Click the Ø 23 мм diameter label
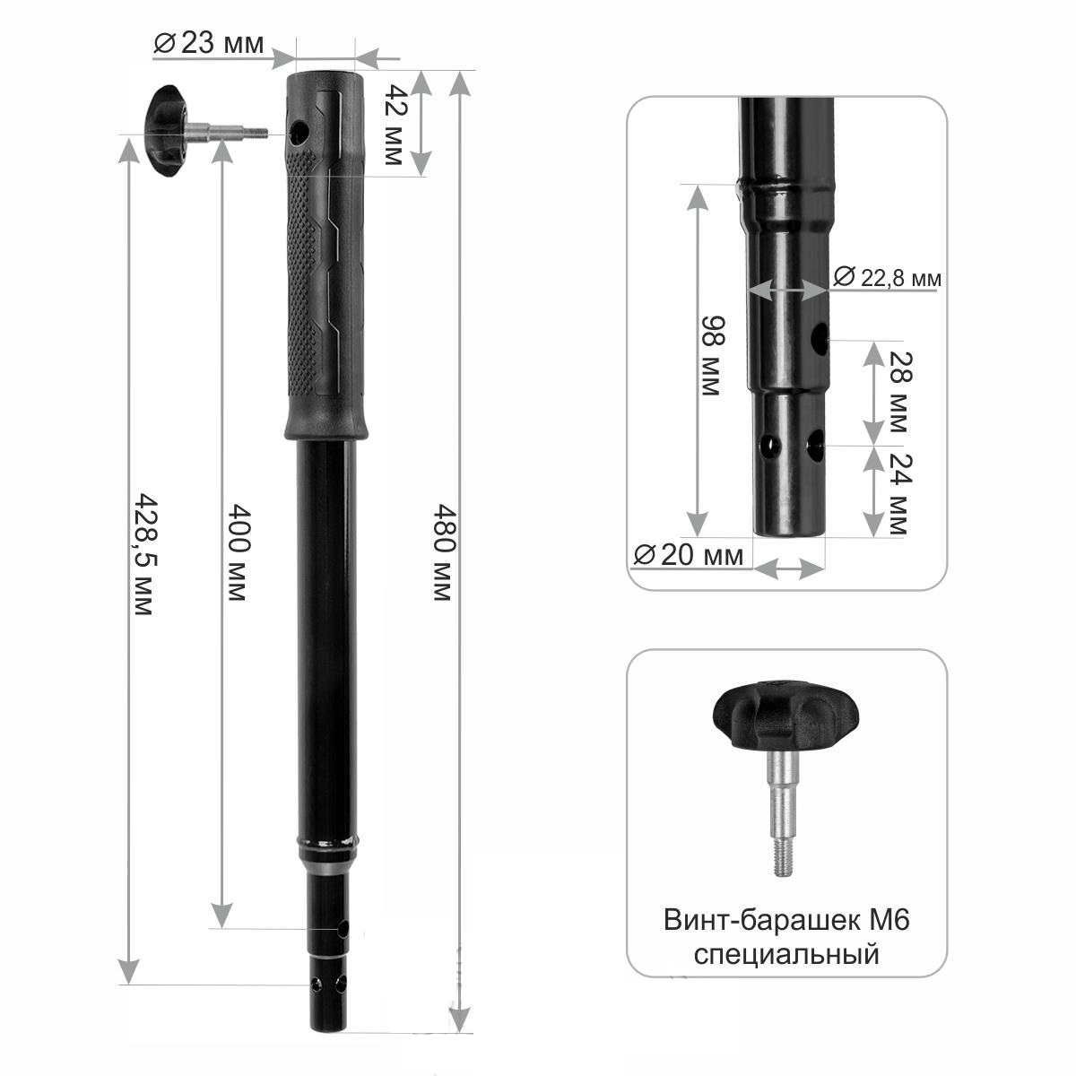pos(208,44)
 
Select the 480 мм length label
pos(445,552)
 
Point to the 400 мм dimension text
pos(239,552)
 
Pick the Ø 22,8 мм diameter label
pos(887,277)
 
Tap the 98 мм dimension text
pos(713,356)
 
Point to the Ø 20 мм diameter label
pos(689,555)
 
